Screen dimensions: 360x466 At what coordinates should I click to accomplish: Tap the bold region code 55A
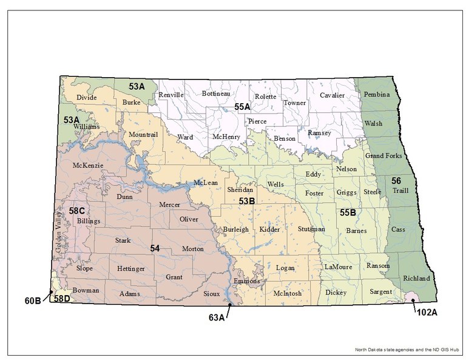243,107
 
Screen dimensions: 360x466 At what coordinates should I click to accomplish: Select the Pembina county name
376,95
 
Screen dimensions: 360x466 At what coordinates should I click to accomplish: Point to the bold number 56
396,180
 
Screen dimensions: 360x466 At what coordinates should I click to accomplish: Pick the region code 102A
427,313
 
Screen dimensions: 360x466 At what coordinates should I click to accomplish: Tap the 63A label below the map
217,316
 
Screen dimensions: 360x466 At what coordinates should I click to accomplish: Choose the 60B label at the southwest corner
32,300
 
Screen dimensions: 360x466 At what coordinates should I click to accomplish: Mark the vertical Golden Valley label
59,230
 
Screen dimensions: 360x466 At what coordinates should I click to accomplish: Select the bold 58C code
76,211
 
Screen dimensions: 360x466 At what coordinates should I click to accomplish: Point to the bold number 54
155,248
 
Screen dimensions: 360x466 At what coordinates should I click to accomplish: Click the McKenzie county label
87,165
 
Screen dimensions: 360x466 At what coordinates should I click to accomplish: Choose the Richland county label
416,278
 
